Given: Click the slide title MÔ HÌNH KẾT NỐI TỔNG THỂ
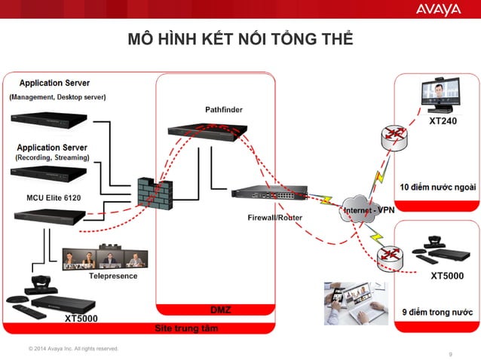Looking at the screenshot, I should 240,39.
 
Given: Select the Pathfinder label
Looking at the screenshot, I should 224,110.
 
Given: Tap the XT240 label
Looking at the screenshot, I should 443,121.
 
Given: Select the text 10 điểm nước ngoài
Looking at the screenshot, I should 437,186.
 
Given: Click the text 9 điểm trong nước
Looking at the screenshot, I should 436,310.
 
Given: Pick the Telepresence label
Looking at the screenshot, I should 113,276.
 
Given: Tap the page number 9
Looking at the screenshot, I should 450,354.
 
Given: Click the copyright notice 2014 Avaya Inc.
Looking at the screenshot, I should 73,348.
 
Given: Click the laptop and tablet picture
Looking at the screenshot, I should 355,303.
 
